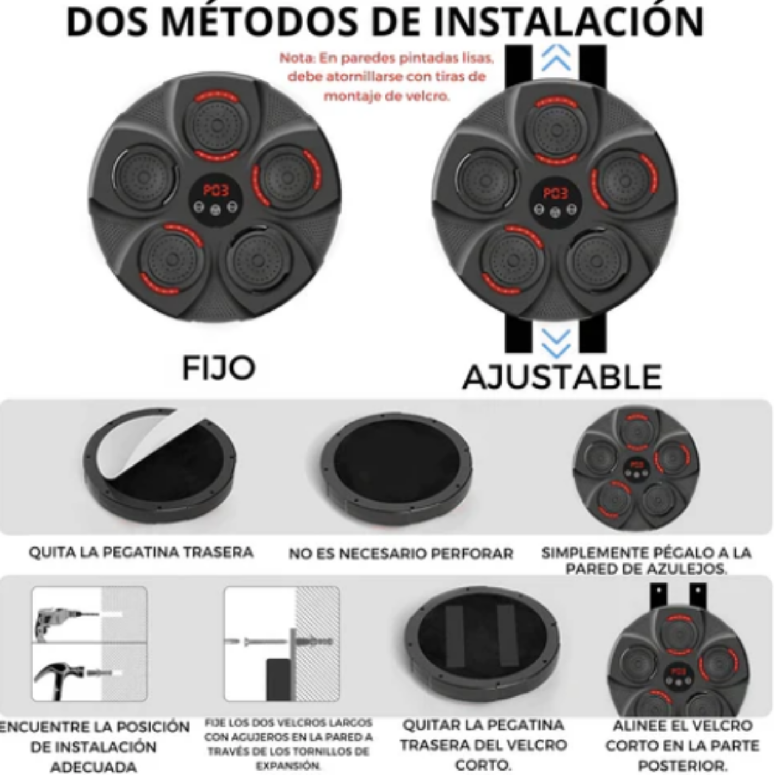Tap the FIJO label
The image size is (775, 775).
click(x=218, y=368)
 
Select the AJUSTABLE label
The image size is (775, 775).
click(x=562, y=377)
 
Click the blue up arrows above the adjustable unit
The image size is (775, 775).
click(x=556, y=58)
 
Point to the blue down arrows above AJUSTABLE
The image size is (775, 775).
click(x=556, y=344)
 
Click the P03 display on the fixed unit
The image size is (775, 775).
click(x=216, y=189)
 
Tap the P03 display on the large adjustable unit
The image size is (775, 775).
click(x=555, y=194)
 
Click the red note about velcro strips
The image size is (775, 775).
click(x=386, y=77)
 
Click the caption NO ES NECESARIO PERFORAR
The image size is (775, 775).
click(x=401, y=554)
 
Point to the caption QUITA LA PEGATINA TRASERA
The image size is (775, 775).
click(x=141, y=552)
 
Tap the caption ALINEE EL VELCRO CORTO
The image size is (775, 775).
click(x=682, y=745)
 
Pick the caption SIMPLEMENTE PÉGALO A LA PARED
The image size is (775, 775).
click(x=647, y=560)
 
